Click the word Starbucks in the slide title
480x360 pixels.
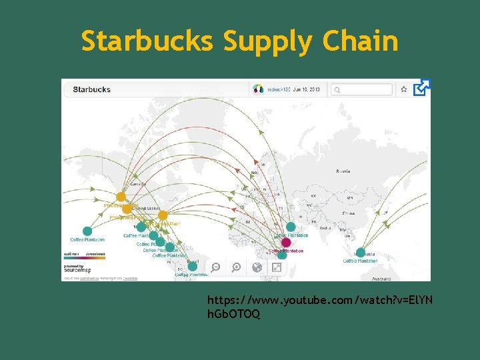(x=147, y=41)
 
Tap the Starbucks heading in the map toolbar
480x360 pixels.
(x=92, y=89)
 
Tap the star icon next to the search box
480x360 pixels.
(x=404, y=89)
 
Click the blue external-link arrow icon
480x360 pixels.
(x=422, y=87)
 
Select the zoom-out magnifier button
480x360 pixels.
(x=216, y=267)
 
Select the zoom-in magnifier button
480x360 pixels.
(x=236, y=267)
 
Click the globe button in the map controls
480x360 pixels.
(x=257, y=267)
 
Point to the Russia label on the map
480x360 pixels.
(x=343, y=171)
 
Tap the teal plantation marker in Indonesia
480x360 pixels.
(x=361, y=253)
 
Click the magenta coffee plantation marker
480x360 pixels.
(x=286, y=243)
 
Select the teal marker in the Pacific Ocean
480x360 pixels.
(x=87, y=231)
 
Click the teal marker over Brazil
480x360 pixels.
(x=193, y=266)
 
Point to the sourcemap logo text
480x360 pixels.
(x=77, y=271)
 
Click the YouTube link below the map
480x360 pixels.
(x=320, y=307)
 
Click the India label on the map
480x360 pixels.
(x=325, y=228)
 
